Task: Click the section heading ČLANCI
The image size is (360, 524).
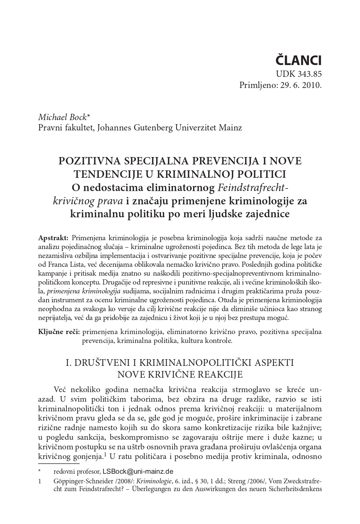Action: point(299,60)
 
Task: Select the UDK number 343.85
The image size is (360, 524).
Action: point(309,74)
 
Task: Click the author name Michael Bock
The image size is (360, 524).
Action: point(62,117)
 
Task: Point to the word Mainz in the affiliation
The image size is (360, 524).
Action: point(230,128)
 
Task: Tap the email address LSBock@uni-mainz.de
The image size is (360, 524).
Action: point(138,472)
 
